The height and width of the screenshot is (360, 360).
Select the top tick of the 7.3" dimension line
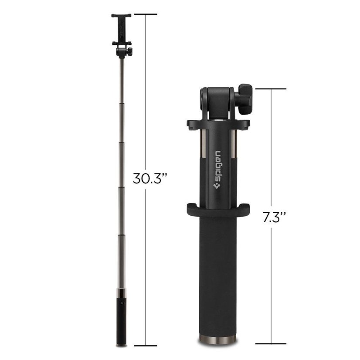[271, 89]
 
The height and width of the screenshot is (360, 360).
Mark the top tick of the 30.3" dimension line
[145, 14]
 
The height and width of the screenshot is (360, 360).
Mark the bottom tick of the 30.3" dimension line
[145, 345]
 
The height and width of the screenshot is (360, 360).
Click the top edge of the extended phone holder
[121, 16]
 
